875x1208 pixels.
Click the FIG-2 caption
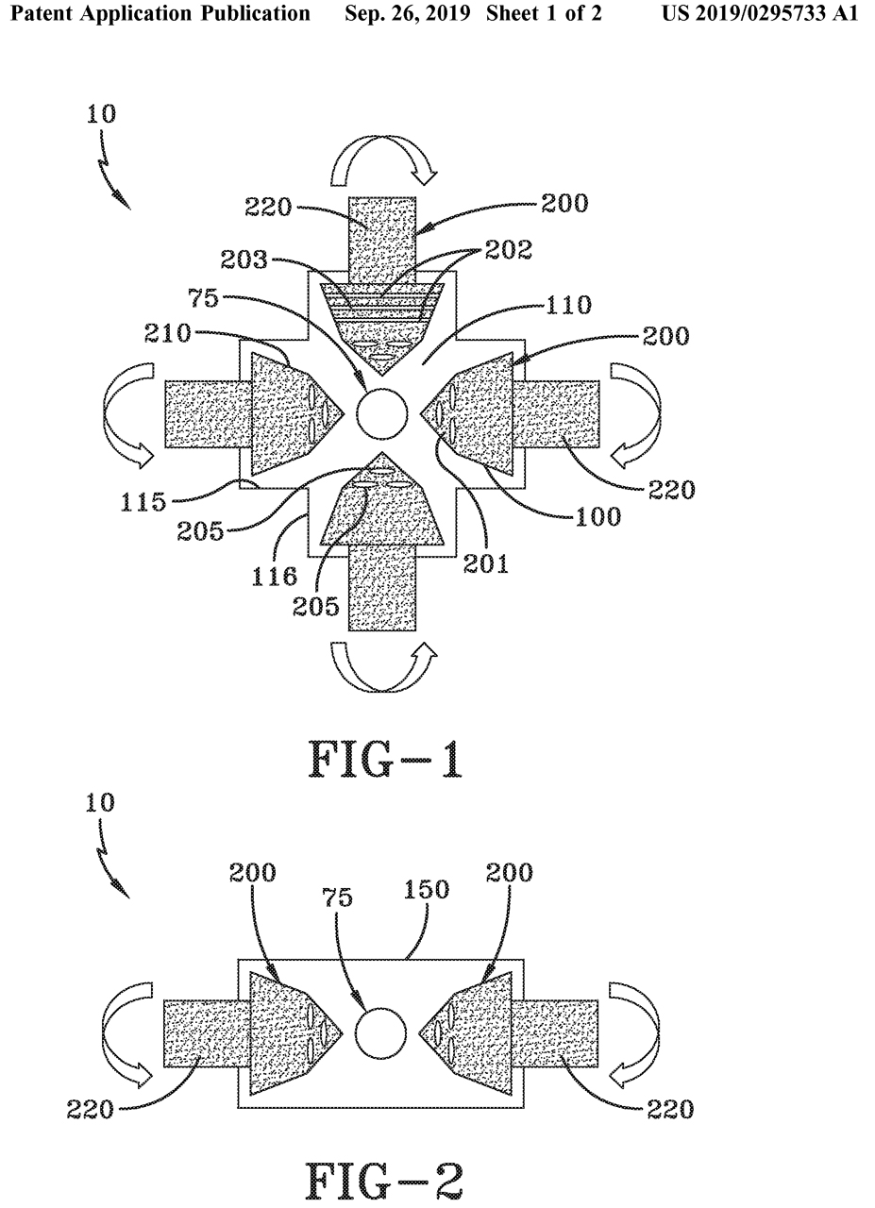click(386, 1179)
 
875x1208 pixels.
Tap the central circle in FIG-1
click(382, 413)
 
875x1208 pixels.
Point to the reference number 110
click(566, 305)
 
